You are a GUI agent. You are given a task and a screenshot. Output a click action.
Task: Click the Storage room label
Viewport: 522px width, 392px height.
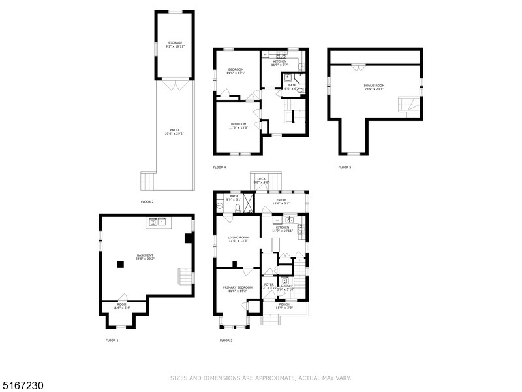click(174, 44)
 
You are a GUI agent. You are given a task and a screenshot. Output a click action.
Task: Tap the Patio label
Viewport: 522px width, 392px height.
click(174, 131)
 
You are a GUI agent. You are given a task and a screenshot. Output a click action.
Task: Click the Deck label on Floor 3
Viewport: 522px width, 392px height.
click(261, 180)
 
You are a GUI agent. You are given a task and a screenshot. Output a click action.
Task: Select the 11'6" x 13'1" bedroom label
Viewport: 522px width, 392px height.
click(236, 71)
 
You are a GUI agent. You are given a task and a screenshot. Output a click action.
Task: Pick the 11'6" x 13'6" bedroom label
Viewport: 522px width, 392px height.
click(238, 125)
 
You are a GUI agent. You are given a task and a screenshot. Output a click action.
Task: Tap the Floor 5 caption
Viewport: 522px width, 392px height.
click(345, 167)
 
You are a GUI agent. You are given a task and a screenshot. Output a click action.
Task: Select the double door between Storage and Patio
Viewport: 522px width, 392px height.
click(174, 85)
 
